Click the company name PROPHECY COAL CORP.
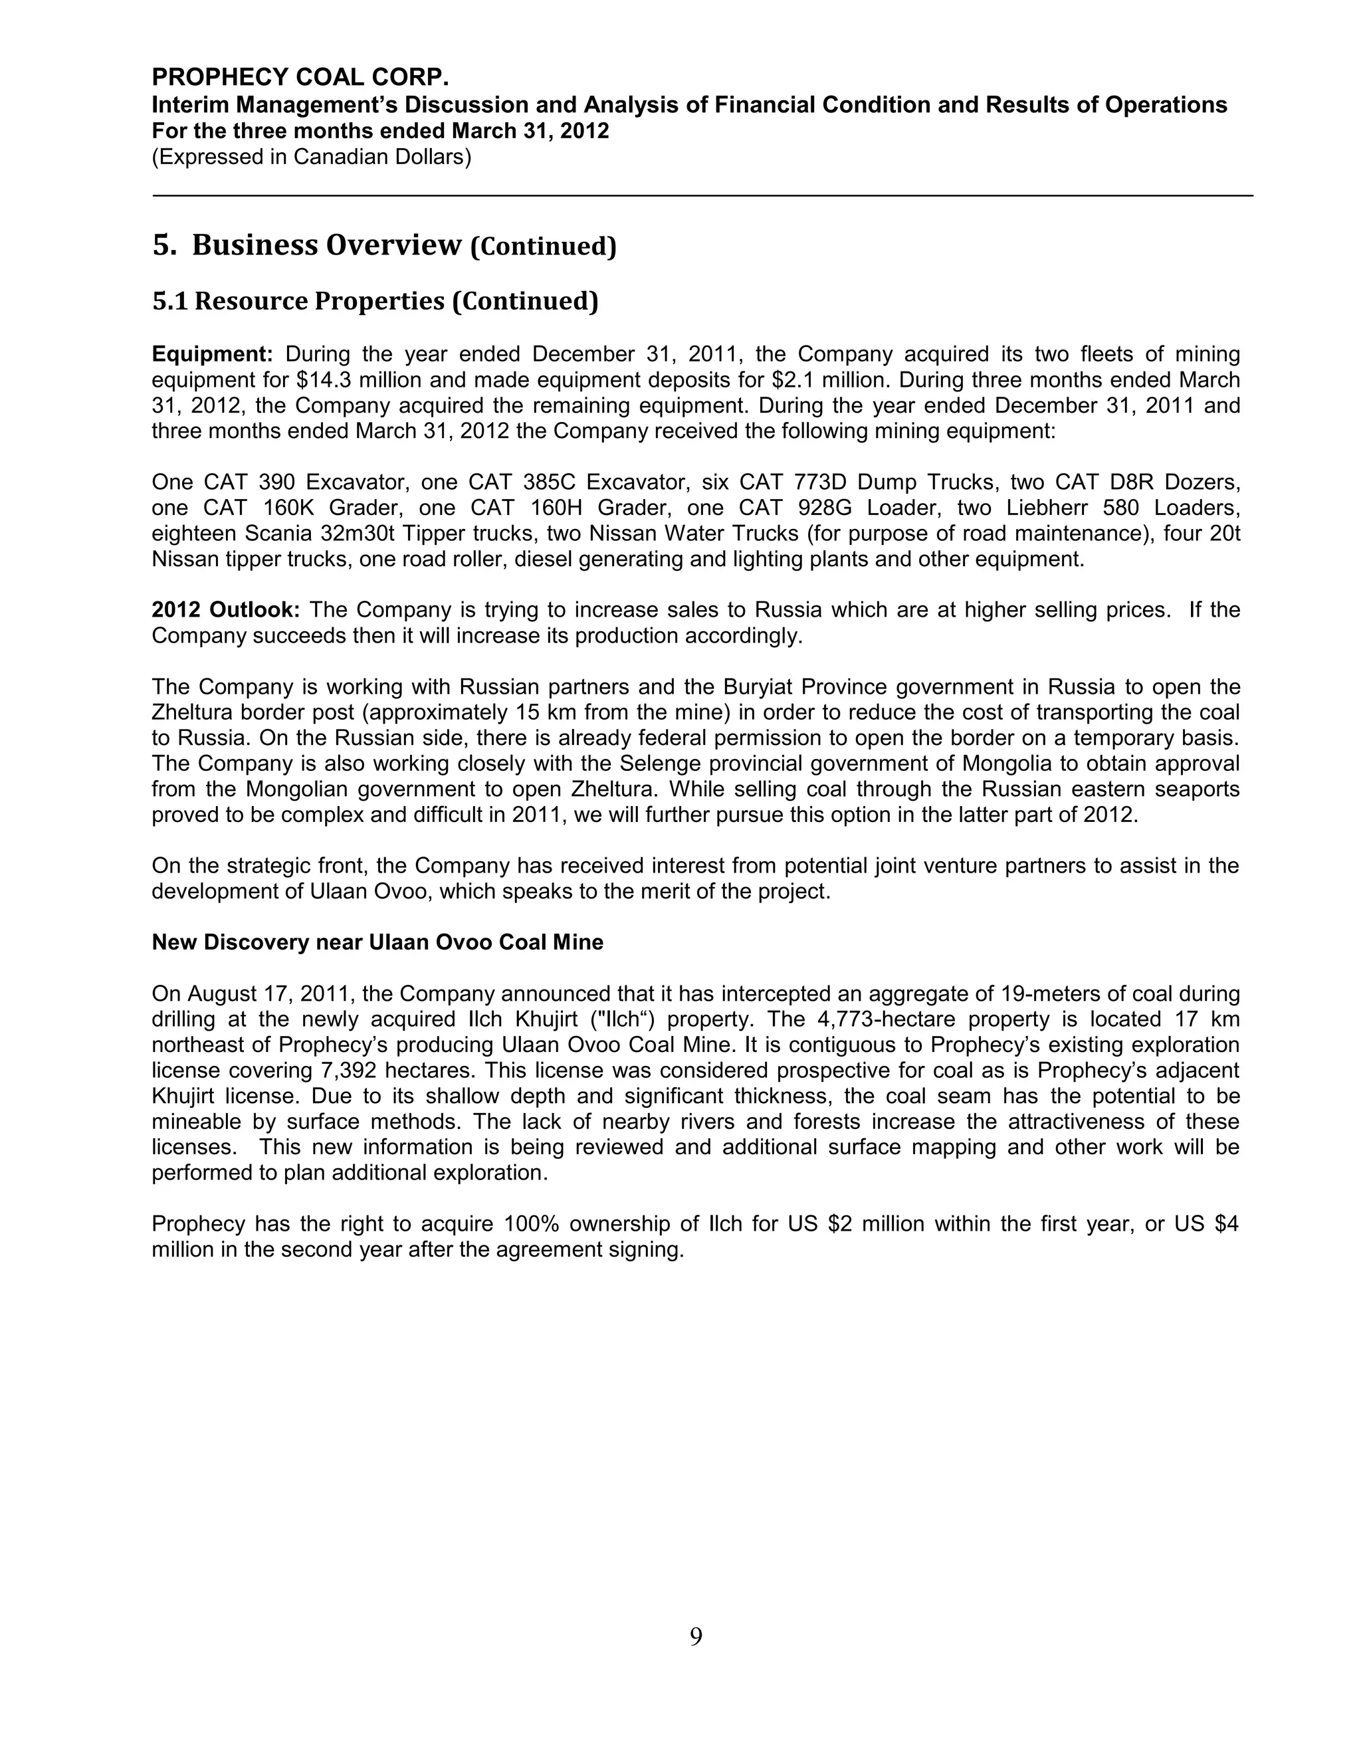click(300, 77)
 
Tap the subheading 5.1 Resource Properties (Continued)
click(375, 301)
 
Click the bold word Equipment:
click(212, 354)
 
